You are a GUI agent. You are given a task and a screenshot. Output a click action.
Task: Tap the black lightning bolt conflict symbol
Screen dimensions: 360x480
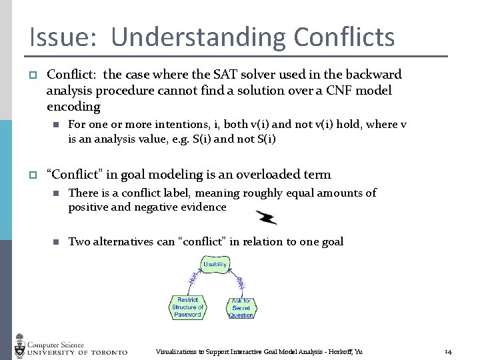(x=267, y=217)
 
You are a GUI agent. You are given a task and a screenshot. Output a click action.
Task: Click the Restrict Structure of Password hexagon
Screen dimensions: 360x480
(x=187, y=307)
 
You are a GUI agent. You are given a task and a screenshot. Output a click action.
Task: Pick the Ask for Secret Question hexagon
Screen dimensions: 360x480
(x=241, y=307)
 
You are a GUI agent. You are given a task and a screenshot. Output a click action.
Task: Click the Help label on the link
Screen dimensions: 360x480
(x=241, y=283)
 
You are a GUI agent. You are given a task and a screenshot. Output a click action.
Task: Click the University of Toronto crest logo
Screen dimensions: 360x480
(x=19, y=345)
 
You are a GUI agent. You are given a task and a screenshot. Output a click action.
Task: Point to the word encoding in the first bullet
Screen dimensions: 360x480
(x=73, y=107)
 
